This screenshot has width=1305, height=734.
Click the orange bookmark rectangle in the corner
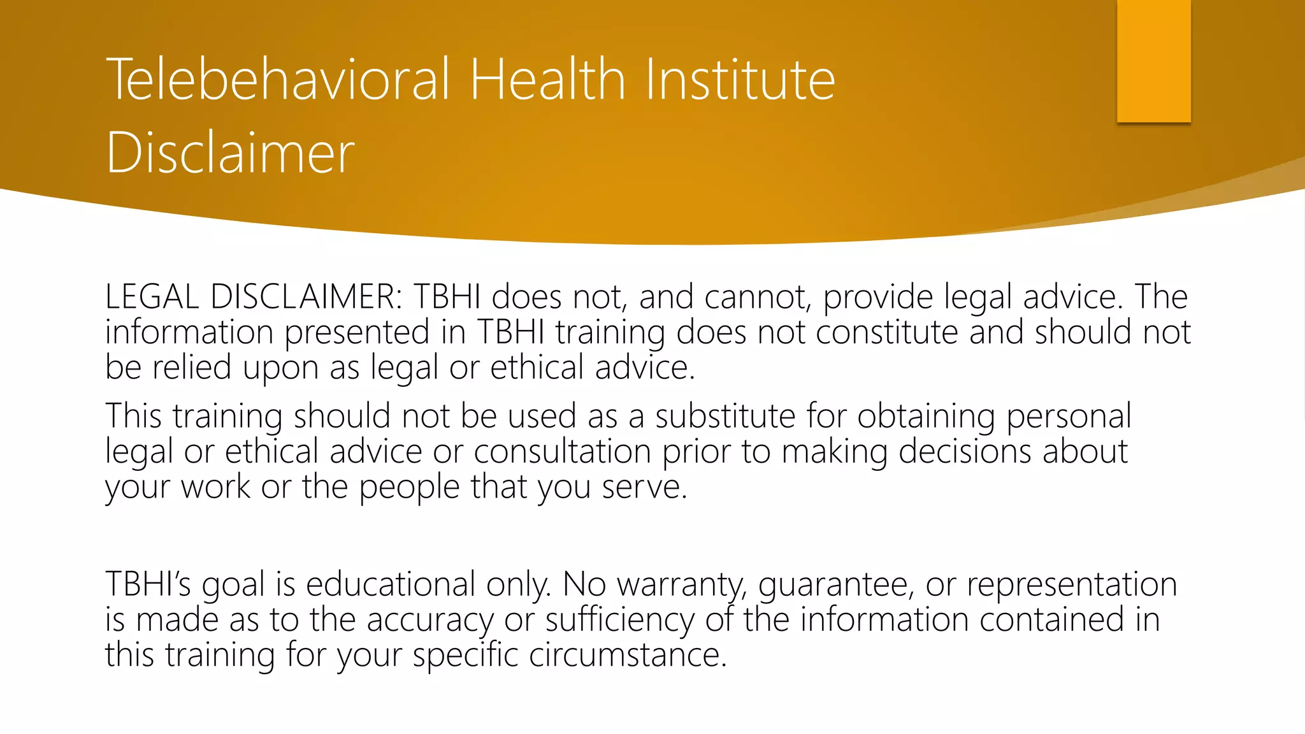click(1153, 61)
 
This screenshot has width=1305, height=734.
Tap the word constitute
click(886, 333)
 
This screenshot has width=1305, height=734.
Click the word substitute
click(725, 416)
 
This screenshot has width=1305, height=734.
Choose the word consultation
click(562, 452)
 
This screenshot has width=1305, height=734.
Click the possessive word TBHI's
click(148, 584)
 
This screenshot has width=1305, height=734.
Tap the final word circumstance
click(627, 655)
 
